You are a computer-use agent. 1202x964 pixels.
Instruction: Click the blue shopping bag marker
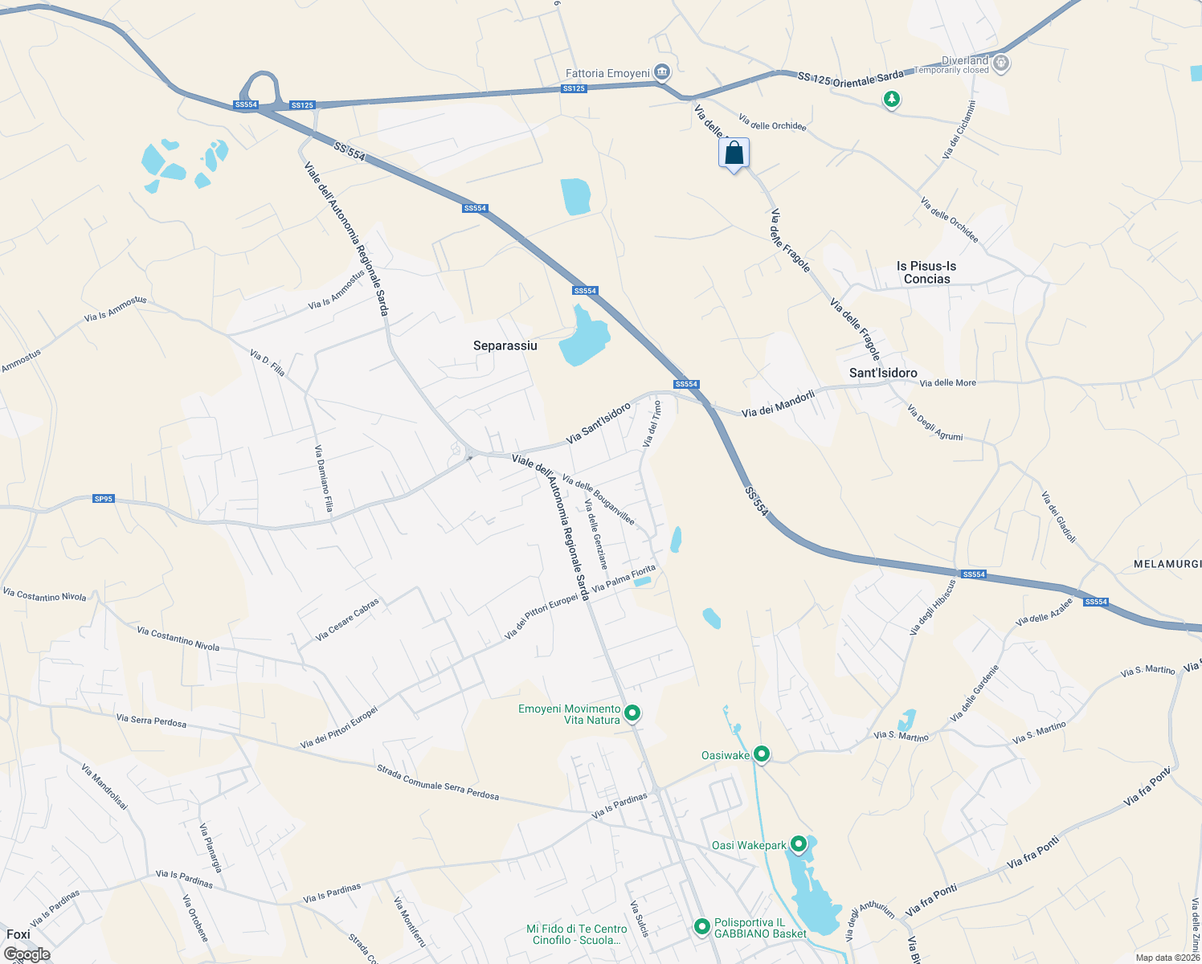point(734,153)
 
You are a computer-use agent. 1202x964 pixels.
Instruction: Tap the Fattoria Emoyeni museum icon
point(662,73)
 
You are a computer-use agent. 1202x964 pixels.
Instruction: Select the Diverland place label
point(964,61)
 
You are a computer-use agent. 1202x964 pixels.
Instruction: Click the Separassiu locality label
point(505,345)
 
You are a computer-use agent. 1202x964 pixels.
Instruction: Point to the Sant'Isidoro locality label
point(883,373)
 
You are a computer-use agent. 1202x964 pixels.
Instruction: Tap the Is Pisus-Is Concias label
point(926,272)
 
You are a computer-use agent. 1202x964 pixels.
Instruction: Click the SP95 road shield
point(104,499)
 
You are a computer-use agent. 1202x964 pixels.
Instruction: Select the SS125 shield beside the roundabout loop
point(302,105)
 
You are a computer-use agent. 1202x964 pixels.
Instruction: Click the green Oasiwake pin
point(762,754)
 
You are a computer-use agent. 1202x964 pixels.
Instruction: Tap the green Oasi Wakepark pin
point(798,844)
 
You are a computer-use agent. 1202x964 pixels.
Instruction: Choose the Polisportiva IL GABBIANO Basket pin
point(701,927)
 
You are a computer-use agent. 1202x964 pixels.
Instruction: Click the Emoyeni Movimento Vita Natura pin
point(632,713)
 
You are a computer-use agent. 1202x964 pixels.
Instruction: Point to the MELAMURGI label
point(1167,564)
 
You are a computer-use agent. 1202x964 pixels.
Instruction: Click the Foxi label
point(18,934)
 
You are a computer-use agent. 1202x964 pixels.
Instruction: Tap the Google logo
point(27,954)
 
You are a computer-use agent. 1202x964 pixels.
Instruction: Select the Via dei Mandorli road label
point(778,403)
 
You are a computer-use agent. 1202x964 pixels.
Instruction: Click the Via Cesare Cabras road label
point(347,619)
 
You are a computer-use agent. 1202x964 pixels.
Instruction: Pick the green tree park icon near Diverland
point(891,100)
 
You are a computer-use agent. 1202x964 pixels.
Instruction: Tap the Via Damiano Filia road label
point(324,479)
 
